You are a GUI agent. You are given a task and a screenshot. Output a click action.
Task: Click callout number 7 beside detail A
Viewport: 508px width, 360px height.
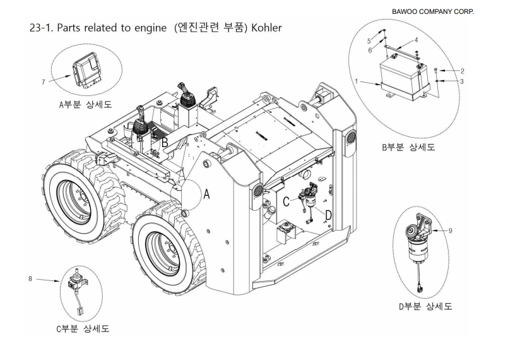(44, 81)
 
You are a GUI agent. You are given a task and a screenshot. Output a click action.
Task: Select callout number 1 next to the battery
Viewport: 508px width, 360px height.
(357, 81)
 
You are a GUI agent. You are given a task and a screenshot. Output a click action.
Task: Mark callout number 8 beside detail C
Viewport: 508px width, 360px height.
(30, 278)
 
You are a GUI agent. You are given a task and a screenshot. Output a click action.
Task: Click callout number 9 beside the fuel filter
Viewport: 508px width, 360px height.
(450, 231)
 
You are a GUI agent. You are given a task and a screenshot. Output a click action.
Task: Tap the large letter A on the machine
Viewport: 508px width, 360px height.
(206, 196)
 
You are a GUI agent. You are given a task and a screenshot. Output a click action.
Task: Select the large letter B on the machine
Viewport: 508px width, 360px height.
(164, 143)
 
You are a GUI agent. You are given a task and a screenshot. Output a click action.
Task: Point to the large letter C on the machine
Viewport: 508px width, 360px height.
(286, 201)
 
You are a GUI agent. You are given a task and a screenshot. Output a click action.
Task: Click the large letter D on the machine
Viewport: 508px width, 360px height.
(328, 215)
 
